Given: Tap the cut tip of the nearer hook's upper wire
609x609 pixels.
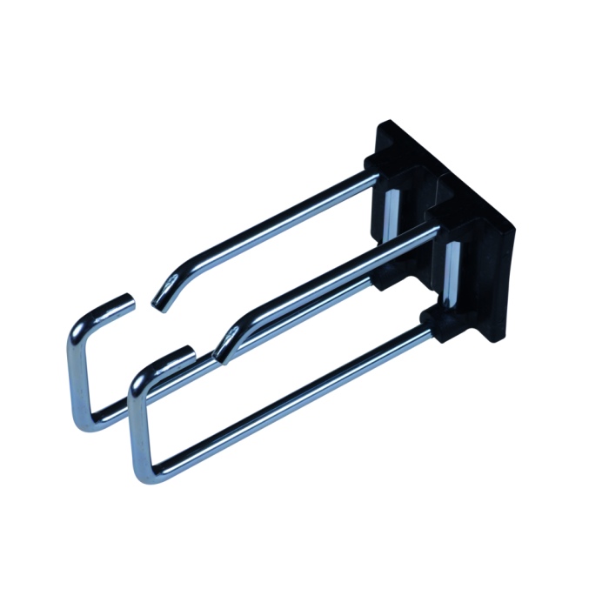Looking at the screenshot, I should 219,355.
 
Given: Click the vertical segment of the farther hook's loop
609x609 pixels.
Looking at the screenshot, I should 73,374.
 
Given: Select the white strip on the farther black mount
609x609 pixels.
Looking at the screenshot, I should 390,217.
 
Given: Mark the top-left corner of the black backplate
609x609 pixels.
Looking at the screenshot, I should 380,124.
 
